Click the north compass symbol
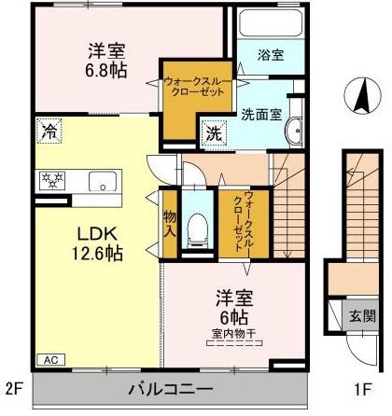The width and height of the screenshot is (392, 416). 363,95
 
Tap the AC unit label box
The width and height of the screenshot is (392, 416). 51,360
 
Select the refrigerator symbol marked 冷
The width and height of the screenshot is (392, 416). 49,131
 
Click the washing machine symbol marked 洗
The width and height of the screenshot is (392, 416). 214,133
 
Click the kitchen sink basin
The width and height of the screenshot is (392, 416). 103,181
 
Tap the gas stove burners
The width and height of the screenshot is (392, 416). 52,180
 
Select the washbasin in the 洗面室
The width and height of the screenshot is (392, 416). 295,131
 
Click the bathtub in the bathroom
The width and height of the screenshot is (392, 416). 272,23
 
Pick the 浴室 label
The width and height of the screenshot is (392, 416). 271,55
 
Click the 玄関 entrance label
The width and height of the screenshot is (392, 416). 362,316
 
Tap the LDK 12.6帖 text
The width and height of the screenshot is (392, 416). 97,243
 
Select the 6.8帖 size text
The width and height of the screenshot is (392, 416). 106,71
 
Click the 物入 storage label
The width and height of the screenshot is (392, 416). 170,224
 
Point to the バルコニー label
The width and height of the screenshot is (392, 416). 171,389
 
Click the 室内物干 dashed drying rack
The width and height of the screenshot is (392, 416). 234,343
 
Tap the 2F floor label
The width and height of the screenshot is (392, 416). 14,389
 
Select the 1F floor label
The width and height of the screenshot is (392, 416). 362,389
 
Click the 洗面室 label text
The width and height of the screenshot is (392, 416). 261,115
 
